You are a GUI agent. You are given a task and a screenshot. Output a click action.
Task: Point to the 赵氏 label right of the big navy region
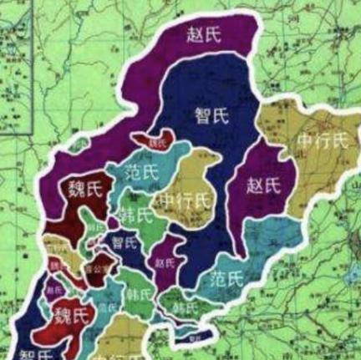click(265, 185)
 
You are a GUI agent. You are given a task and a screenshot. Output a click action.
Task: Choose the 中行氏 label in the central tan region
click(184, 200)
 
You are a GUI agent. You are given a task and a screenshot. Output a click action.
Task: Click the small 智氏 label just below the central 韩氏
click(124, 243)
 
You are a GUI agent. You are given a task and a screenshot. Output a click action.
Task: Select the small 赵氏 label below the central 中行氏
click(165, 261)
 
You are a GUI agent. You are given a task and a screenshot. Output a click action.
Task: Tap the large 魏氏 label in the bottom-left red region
click(69, 316)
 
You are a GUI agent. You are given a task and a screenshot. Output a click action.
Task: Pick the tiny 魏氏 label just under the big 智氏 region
click(157, 143)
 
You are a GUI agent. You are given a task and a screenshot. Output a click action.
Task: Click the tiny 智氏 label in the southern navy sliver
click(194, 338)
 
